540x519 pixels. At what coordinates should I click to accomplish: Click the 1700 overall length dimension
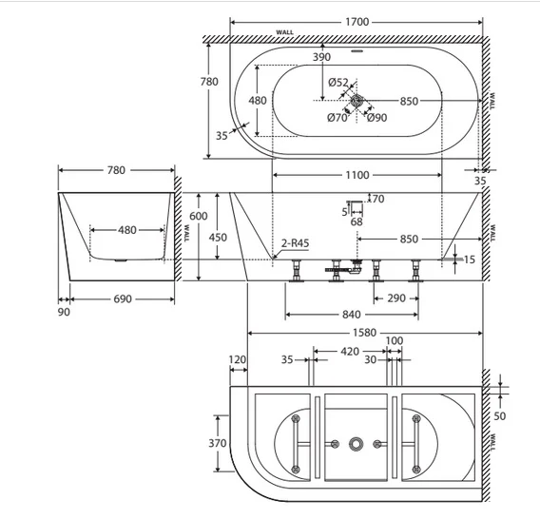357,22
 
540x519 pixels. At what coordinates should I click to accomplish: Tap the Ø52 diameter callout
337,83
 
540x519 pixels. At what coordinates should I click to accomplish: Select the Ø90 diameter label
376,118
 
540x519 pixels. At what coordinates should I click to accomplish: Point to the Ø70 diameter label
337,118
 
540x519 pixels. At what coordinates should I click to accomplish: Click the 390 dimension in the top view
321,57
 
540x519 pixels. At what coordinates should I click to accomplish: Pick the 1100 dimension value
357,175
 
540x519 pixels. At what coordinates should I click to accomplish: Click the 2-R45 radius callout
295,243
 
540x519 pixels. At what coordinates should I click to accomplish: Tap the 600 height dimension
199,216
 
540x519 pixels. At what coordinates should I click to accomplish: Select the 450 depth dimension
218,238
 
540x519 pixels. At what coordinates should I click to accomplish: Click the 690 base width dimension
123,298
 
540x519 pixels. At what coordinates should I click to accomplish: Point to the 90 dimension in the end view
64,312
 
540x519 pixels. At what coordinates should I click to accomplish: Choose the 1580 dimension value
365,333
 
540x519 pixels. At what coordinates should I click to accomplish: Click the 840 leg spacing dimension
351,315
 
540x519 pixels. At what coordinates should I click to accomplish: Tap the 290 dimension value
396,298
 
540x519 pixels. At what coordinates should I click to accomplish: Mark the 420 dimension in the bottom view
350,352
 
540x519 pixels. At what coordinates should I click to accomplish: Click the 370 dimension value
218,443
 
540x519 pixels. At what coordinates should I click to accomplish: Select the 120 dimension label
238,360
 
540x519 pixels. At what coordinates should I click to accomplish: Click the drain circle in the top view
357,101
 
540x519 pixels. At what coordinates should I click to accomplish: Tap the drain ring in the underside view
357,444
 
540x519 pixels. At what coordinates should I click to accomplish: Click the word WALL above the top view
285,32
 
